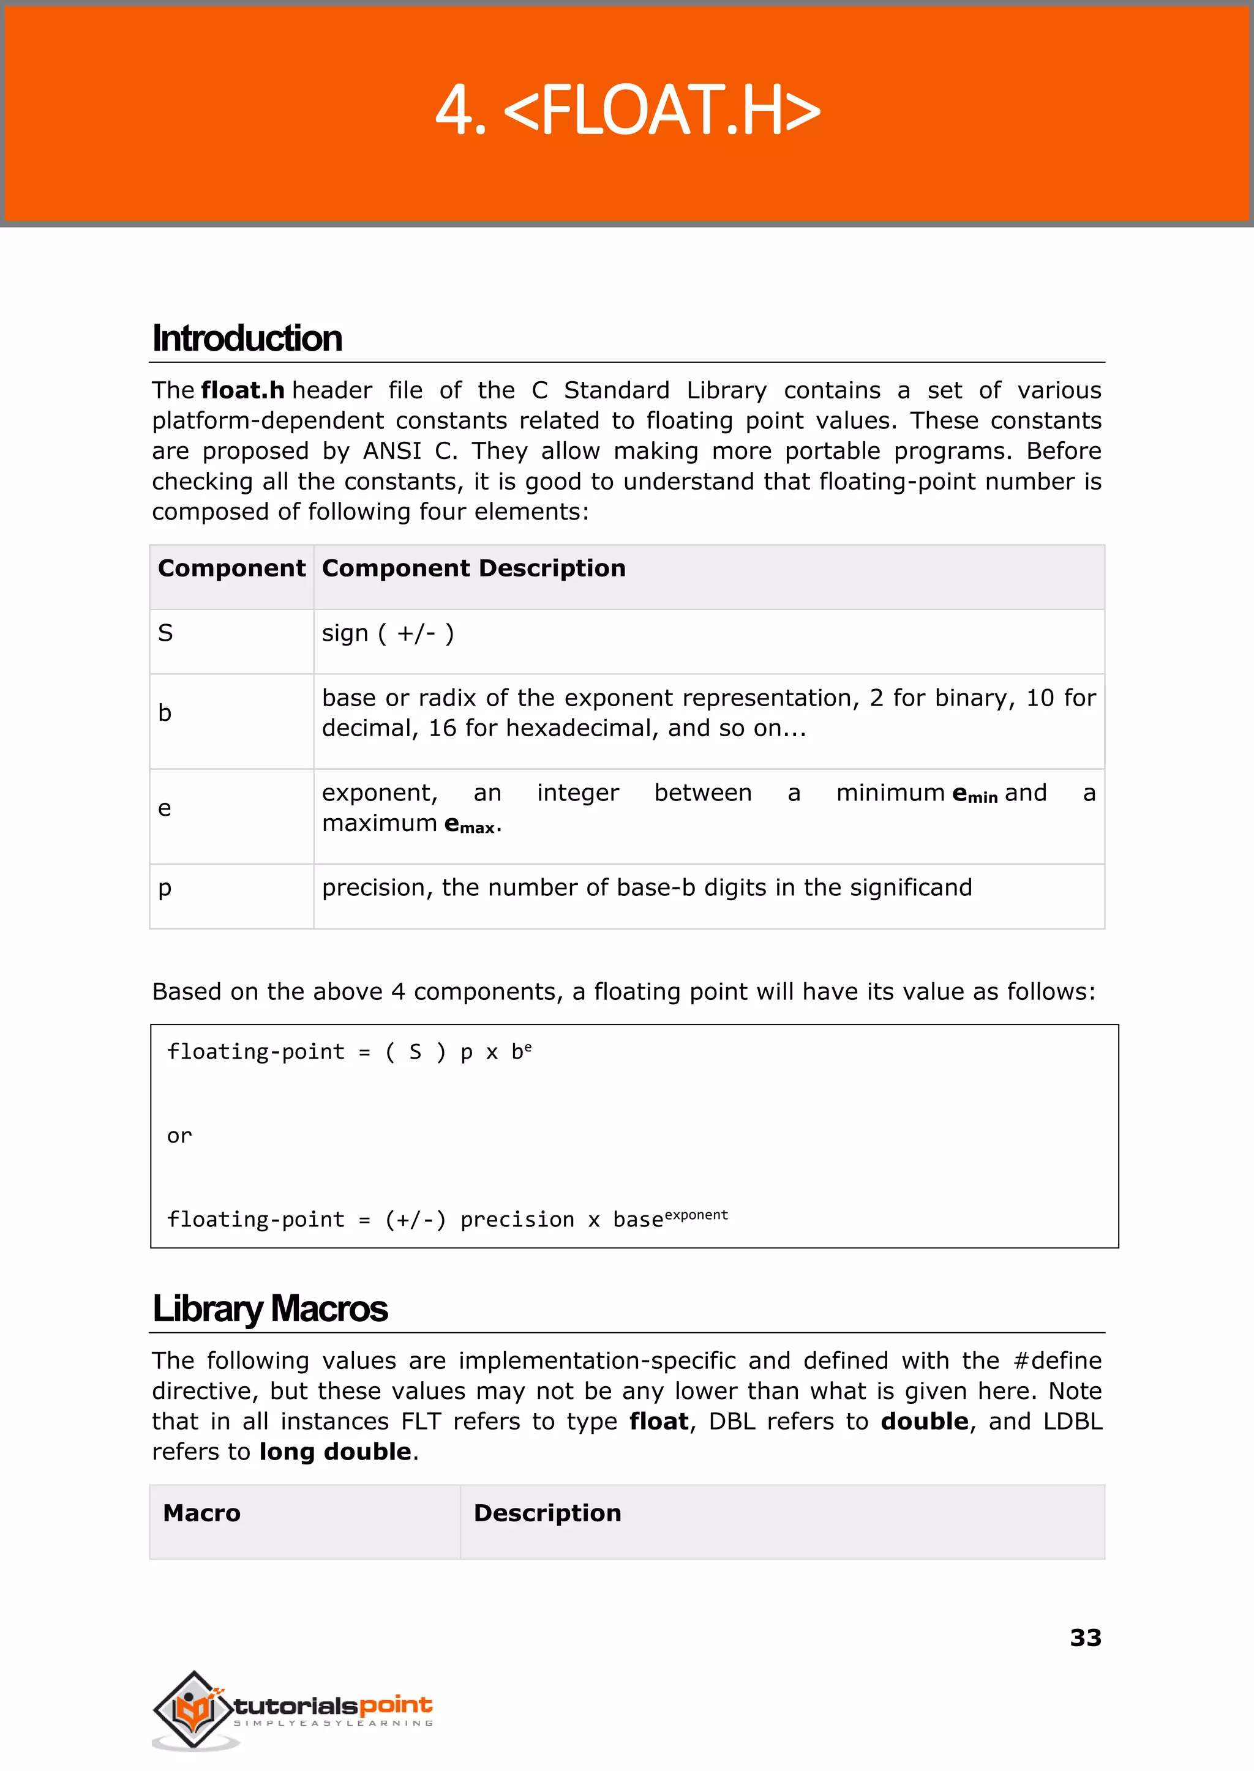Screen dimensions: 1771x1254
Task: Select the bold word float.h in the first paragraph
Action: pos(242,390)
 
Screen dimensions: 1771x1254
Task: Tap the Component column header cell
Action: pos(231,569)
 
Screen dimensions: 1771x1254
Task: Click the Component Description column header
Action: pos(473,569)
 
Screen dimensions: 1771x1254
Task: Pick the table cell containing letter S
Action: pos(166,633)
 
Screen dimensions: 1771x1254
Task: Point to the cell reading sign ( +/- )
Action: pos(388,633)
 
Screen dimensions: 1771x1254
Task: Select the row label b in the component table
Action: pos(165,713)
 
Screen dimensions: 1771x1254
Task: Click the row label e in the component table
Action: pos(165,809)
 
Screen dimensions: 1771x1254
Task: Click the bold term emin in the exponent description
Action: pos(974,795)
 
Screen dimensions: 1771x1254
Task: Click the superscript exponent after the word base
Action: pos(696,1215)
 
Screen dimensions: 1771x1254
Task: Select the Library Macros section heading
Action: pos(270,1309)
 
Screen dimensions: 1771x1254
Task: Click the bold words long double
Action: pos(335,1452)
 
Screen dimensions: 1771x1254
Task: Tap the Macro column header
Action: pos(201,1513)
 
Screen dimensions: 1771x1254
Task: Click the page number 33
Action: pos(1085,1638)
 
